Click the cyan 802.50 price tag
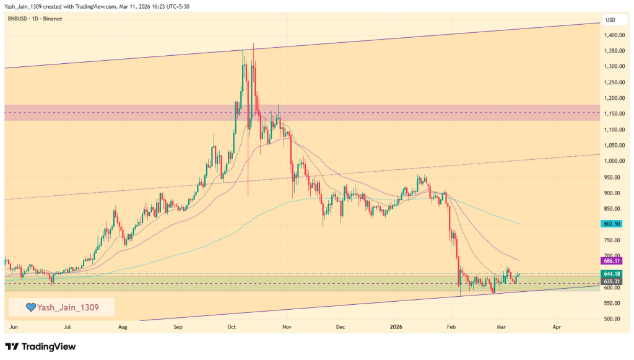click(x=612, y=223)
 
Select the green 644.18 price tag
click(x=612, y=273)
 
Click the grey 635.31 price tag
click(x=612, y=281)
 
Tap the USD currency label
click(x=610, y=19)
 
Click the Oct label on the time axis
click(x=232, y=326)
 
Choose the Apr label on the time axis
click(x=557, y=326)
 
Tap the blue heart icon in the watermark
click(x=30, y=307)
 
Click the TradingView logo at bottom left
click(x=40, y=346)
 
